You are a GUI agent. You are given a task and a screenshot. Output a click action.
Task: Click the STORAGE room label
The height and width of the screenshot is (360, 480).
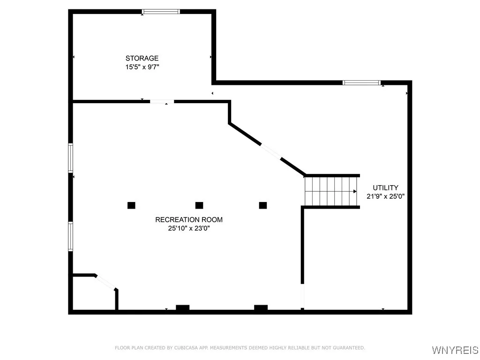pos(142,58)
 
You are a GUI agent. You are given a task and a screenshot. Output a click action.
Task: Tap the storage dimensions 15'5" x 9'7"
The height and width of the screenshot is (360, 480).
pos(142,67)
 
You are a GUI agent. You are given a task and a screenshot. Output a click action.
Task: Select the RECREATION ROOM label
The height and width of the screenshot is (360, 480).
pos(189,219)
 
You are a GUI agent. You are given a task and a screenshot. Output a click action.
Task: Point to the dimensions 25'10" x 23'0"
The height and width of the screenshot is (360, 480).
pos(189,228)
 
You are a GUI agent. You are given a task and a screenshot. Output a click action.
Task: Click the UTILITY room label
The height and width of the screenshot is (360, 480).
pos(385,187)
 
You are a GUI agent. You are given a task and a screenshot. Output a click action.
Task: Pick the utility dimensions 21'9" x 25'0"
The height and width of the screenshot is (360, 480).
pos(385,196)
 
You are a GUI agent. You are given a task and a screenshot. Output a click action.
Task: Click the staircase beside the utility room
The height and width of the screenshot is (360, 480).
pos(331,191)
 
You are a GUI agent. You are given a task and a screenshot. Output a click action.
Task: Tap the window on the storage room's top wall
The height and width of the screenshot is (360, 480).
pos(161,12)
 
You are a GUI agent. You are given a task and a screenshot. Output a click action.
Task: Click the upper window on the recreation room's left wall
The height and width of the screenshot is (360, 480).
pos(71,158)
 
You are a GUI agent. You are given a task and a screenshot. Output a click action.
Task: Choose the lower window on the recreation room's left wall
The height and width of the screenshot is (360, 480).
pos(71,236)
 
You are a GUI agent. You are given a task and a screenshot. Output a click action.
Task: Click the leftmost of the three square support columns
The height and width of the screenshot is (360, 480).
pos(131,205)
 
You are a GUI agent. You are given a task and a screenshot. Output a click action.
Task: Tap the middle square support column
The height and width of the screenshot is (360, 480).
pos(199,205)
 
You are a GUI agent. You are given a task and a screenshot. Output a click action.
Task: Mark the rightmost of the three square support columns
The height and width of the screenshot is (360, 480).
pos(263,205)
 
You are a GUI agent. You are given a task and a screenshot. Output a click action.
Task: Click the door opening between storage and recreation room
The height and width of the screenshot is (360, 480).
pos(162,101)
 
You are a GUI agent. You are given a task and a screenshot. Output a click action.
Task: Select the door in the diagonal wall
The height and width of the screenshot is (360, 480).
pos(271,151)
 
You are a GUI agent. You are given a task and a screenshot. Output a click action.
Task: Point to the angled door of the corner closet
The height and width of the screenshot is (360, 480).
pos(106,282)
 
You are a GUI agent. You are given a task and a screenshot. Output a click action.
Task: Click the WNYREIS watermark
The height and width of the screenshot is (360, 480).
pos(454,350)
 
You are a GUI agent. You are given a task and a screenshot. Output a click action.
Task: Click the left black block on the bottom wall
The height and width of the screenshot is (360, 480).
pos(182,308)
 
